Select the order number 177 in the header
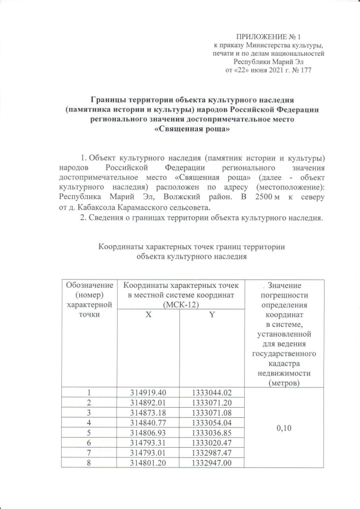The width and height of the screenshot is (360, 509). (x=304, y=70)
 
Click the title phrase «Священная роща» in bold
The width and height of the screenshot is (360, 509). (x=192, y=129)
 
